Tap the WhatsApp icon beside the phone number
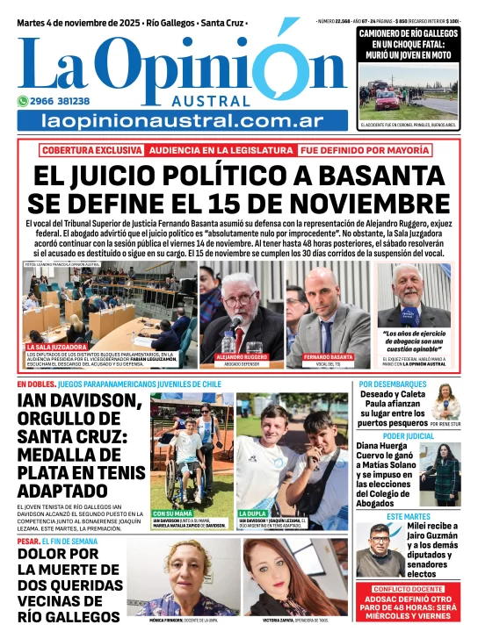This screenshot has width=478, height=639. coord(23,101)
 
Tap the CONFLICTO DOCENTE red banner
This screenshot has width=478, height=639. coord(409,588)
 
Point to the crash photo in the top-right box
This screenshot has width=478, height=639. coord(408,97)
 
